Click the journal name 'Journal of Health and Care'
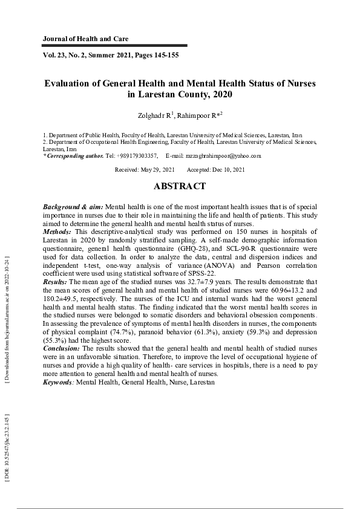tap(85, 39)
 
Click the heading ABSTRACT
tap(179, 187)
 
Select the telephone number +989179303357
tap(137, 155)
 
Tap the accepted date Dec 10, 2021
tap(227, 170)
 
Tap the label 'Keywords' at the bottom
tap(58, 383)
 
